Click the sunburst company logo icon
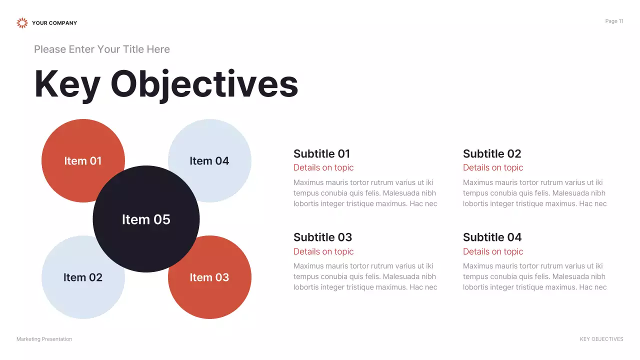(x=22, y=23)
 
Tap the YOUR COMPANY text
(x=54, y=23)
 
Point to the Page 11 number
(x=614, y=21)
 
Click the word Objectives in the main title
(x=204, y=84)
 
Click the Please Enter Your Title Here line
(x=102, y=49)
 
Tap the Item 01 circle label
(x=83, y=161)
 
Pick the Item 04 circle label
(x=209, y=161)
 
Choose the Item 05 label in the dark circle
(x=146, y=219)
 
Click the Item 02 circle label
(x=83, y=277)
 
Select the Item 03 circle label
(x=209, y=277)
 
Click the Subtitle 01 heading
(x=321, y=154)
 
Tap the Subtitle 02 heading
(x=492, y=154)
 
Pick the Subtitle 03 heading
(x=322, y=237)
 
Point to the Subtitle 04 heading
(x=492, y=237)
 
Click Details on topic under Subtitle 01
(x=323, y=168)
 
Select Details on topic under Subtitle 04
(x=493, y=251)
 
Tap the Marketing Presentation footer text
(x=44, y=339)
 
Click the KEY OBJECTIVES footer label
(x=601, y=339)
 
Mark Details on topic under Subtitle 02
(x=493, y=168)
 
